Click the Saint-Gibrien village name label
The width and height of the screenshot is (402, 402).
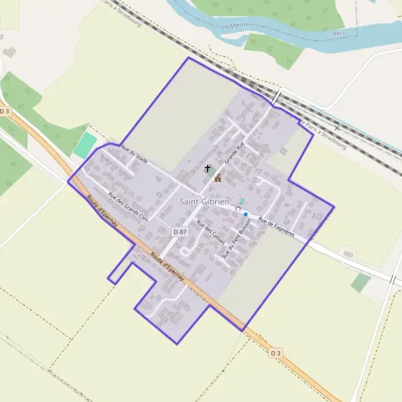(x=204, y=201)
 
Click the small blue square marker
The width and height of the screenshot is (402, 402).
(x=246, y=214)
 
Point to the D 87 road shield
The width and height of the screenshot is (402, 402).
(x=180, y=231)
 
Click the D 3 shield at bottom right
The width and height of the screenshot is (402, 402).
(x=276, y=352)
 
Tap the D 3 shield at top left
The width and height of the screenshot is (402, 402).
(x=5, y=111)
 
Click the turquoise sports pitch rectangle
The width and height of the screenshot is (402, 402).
(x=85, y=145)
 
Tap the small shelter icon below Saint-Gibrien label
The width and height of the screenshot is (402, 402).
(x=237, y=210)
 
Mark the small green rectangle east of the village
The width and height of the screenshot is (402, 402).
(x=360, y=282)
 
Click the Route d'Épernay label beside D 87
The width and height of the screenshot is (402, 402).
(x=167, y=265)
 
